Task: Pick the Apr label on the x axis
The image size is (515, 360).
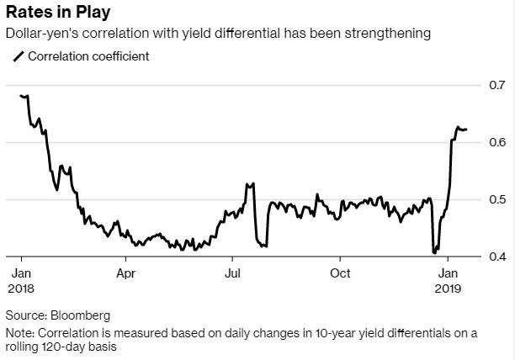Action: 125,273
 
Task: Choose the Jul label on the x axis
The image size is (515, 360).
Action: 231,273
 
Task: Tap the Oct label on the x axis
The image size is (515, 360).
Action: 340,273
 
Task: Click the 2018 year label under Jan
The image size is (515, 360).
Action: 21,288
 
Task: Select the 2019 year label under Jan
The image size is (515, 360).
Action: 447,288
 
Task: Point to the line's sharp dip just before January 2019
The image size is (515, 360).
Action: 434,251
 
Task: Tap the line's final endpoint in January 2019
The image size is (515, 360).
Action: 467,130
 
